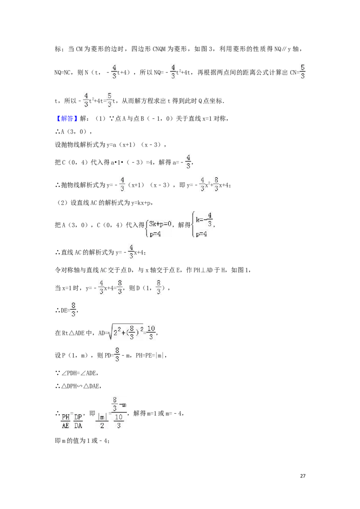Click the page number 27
[303, 476]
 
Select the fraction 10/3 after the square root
[151, 332]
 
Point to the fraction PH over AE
[66, 421]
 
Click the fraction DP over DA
[78, 421]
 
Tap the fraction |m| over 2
[102, 421]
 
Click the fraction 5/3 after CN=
[302, 72]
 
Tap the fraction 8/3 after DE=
[73, 310]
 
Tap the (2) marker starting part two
[62, 203]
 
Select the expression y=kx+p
[141, 203]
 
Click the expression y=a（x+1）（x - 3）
[134, 145]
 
